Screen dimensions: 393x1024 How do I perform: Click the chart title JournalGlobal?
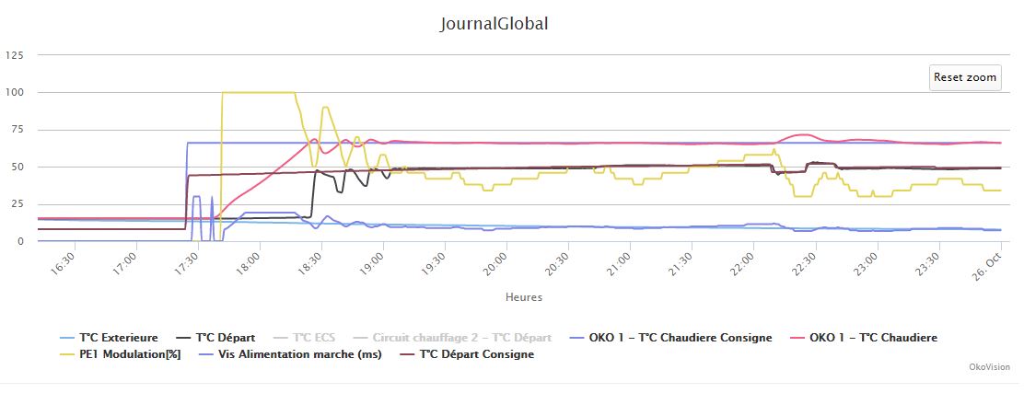tap(495, 24)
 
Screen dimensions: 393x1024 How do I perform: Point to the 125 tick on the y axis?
tap(15, 55)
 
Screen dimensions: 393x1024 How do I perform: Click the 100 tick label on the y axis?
tap(15, 92)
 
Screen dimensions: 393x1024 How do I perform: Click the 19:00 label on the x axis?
tap(361, 262)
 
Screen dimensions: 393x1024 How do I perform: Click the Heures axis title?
tap(523, 297)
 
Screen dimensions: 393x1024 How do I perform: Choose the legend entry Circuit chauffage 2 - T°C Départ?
tap(461, 338)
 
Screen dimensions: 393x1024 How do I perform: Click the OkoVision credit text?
tap(989, 367)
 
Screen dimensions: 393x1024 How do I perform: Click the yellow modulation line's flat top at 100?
tap(258, 92)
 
